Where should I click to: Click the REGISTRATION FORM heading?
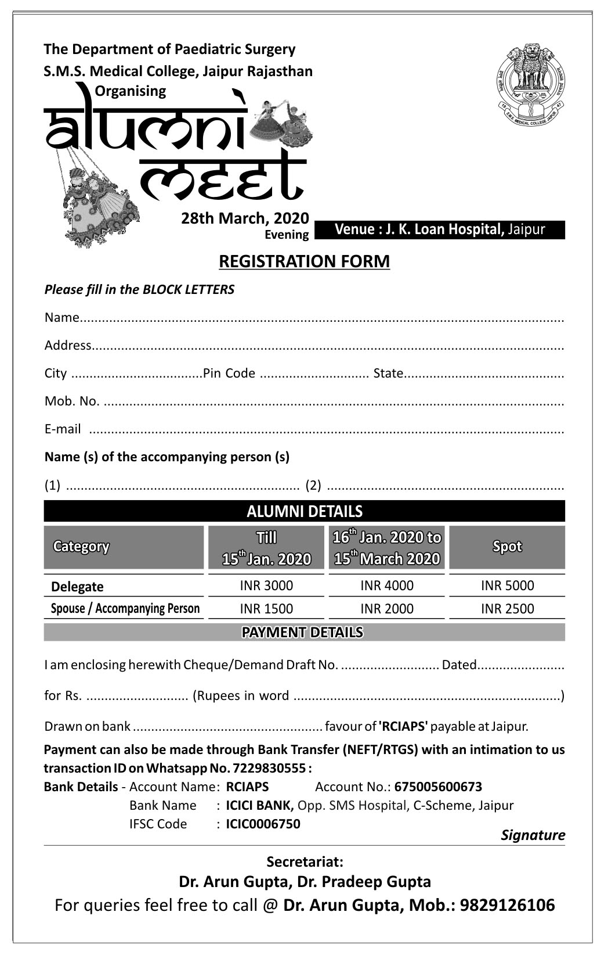pyautogui.click(x=304, y=261)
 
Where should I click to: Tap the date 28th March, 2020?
pyautogui.click(x=245, y=218)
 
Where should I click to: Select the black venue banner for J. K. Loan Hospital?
pyautogui.click(x=440, y=229)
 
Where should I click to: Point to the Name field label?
pyautogui.click(x=61, y=317)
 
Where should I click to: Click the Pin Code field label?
pyautogui.click(x=229, y=373)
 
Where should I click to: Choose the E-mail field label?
pyautogui.click(x=63, y=429)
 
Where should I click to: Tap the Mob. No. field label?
pyautogui.click(x=72, y=401)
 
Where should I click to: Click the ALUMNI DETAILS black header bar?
pyautogui.click(x=304, y=511)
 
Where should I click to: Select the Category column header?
pyautogui.click(x=81, y=547)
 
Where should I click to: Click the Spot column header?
pyautogui.click(x=507, y=547)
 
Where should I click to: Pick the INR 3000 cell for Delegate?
pyautogui.click(x=266, y=586)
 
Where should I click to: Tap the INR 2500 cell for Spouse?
pyautogui.click(x=507, y=609)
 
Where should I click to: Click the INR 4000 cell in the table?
pyautogui.click(x=387, y=586)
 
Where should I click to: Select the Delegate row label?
pyautogui.click(x=77, y=587)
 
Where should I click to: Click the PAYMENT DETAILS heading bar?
pyautogui.click(x=304, y=632)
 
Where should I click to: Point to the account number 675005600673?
pyautogui.click(x=438, y=787)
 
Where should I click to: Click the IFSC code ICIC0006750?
pyautogui.click(x=263, y=824)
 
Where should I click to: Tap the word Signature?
pyautogui.click(x=533, y=835)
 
